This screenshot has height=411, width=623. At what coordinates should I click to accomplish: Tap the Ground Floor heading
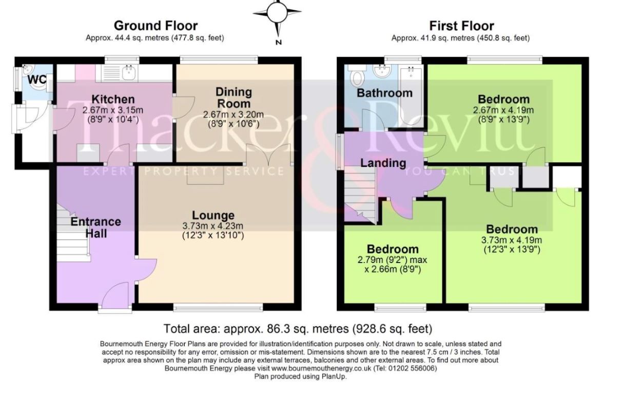tap(156, 26)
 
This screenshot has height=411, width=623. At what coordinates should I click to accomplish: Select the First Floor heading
tap(462, 26)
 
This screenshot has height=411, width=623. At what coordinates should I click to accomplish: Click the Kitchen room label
tap(113, 99)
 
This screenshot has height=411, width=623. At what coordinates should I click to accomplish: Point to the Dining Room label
tap(233, 98)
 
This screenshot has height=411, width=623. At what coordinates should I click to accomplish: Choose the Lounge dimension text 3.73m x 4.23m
tap(213, 226)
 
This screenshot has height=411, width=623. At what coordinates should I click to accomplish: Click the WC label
tap(37, 80)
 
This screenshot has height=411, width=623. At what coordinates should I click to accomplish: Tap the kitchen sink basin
tap(129, 72)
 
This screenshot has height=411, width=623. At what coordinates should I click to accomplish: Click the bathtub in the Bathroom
tap(411, 96)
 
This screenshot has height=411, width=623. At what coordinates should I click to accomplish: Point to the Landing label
tap(383, 163)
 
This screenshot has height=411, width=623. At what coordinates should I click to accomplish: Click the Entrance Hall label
tap(96, 228)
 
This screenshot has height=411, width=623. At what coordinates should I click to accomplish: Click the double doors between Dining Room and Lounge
tap(269, 155)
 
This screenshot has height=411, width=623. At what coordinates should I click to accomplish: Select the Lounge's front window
tap(218, 307)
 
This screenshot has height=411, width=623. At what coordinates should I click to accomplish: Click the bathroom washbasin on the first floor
tap(382, 71)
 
